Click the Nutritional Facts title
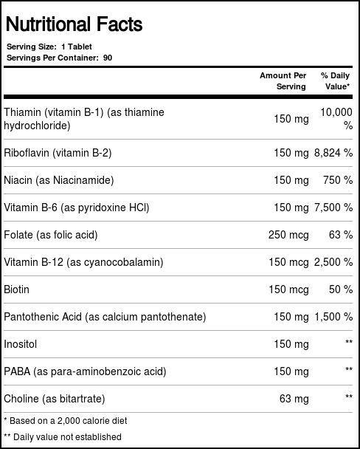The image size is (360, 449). [74, 25]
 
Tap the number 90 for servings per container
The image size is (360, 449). [108, 58]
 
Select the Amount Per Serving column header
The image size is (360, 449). [283, 81]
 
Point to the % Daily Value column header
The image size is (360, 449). [335, 81]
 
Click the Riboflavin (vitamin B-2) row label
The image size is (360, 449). [58, 153]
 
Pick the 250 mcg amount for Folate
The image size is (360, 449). [288, 235]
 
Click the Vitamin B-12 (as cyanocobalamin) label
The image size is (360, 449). [83, 262]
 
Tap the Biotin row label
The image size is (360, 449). [17, 289]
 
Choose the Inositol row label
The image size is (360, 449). [21, 344]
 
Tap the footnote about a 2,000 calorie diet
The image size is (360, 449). [66, 421]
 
